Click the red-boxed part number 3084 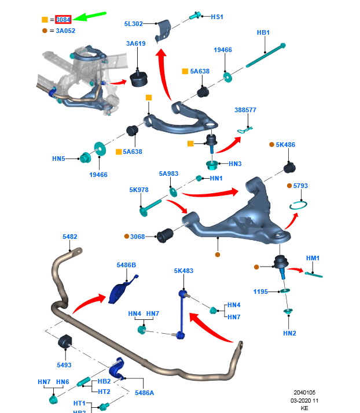pos(63,20)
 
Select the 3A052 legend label pos(66,31)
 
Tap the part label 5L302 pos(134,24)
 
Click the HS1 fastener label pos(216,17)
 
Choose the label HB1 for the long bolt pos(263,33)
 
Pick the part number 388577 pos(245,110)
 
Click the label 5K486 pos(285,145)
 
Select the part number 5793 pos(301,186)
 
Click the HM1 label pos(313,257)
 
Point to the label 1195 pos(260,292)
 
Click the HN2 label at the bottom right pos(289,333)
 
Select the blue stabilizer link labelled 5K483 pos(182,312)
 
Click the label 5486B pos(126,265)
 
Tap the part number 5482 pos(69,237)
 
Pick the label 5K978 pos(139,189)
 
